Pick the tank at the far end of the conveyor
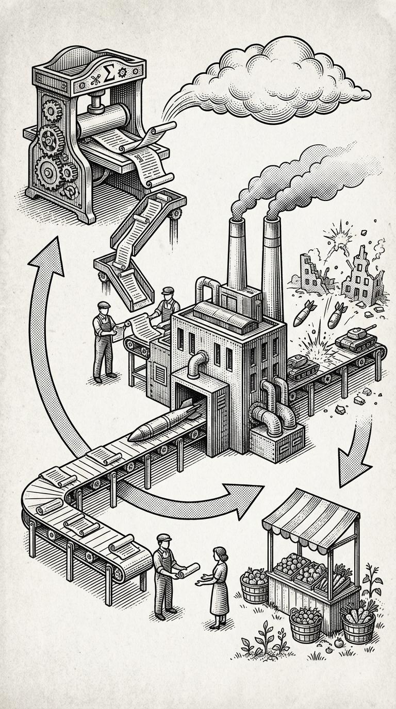[355, 340]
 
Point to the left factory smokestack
[237, 252]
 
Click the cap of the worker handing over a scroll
[163, 537]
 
